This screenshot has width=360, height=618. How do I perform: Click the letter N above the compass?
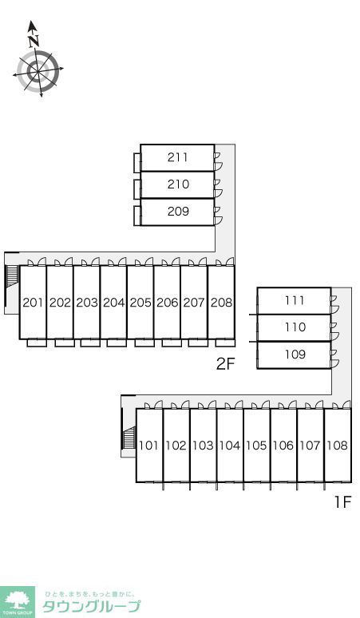(x=34, y=40)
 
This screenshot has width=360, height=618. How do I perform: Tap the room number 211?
(x=178, y=157)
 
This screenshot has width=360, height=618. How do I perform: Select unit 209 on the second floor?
(x=178, y=212)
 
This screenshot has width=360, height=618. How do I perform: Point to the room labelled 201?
(x=33, y=303)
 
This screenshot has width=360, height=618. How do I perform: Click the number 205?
(x=140, y=303)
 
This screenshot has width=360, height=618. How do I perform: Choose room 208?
(x=221, y=303)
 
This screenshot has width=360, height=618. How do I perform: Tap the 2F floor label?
(x=225, y=364)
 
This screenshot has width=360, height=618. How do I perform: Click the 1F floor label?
(x=342, y=502)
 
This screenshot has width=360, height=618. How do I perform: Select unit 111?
(x=295, y=300)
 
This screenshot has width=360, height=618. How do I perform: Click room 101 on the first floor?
(x=148, y=446)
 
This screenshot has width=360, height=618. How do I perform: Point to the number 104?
(x=230, y=446)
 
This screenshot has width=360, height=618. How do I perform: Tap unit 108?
(x=337, y=446)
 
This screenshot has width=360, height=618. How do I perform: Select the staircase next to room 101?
(x=129, y=437)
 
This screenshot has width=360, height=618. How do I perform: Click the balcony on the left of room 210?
(x=137, y=189)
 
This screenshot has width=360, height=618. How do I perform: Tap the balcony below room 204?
(x=117, y=343)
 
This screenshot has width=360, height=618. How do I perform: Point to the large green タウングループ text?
(x=91, y=606)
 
